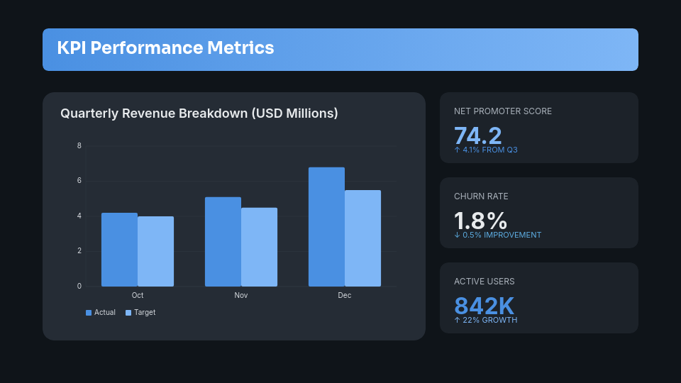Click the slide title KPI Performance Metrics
165,48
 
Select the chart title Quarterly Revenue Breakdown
199,113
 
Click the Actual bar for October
119,250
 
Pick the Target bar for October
155,252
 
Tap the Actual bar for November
223,242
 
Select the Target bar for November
259,248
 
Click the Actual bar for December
326,227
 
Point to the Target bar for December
362,238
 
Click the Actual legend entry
101,313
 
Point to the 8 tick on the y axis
79,146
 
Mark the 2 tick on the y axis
79,251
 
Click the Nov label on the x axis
241,295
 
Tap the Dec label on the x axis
345,295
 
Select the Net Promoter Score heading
503,111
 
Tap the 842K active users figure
484,305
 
